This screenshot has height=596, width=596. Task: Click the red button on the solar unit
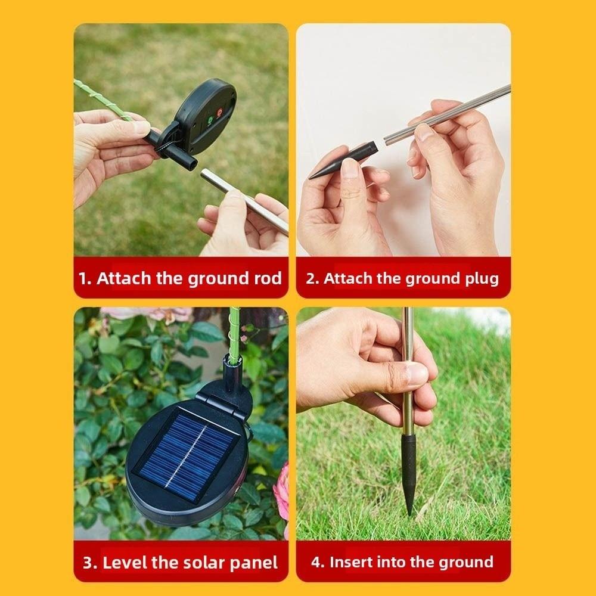[218, 111]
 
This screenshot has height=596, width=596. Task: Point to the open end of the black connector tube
[192, 162]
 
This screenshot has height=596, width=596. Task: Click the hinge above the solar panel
[223, 397]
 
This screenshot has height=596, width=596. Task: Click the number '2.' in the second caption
[312, 278]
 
